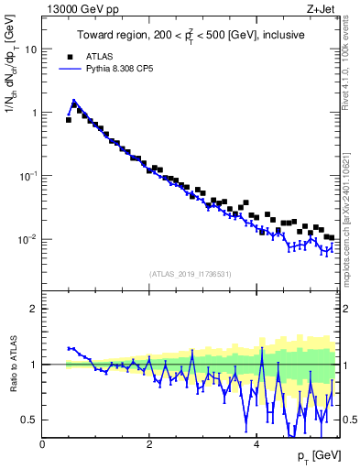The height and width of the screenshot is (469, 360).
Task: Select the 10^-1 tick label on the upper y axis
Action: tap(28, 175)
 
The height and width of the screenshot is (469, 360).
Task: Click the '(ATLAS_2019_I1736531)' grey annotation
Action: tap(191, 274)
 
